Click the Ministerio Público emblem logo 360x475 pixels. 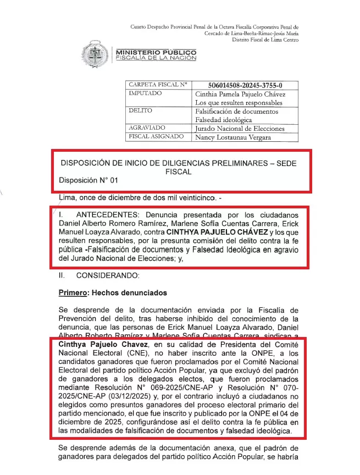(x=96, y=55)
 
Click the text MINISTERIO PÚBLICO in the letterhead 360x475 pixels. (x=156, y=52)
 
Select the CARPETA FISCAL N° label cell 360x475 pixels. (x=158, y=85)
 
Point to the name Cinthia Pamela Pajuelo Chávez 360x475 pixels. (x=241, y=94)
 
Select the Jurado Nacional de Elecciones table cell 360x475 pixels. (x=240, y=128)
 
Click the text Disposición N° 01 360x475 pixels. (x=88, y=180)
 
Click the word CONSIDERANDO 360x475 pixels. (x=104, y=275)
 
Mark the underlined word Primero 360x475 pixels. (x=73, y=292)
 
